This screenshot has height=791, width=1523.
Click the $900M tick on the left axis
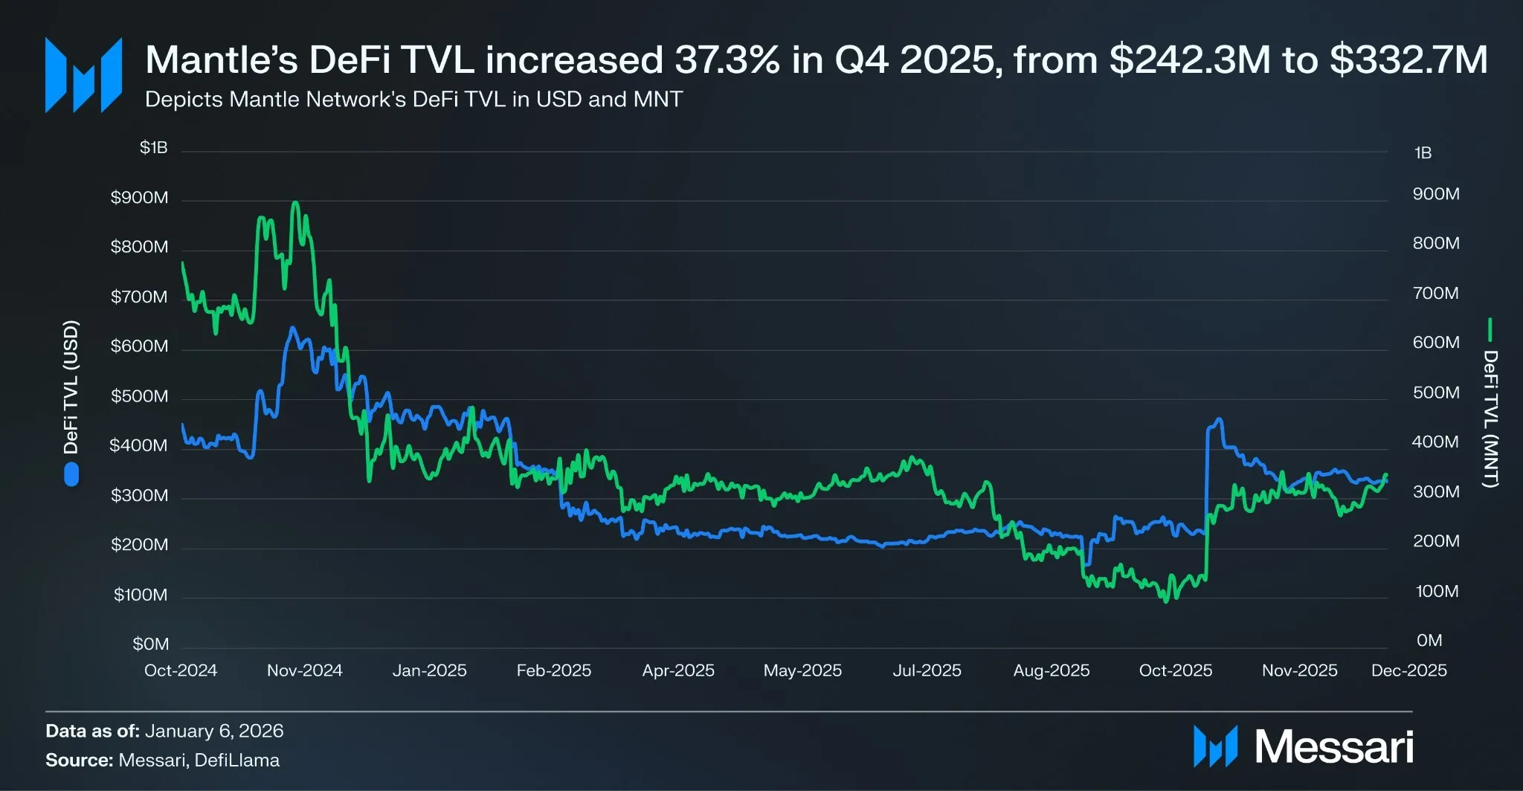[x=139, y=198]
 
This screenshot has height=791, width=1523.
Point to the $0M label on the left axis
[x=150, y=644]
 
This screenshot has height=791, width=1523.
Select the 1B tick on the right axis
[x=1423, y=153]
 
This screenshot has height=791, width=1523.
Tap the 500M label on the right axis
[x=1435, y=393]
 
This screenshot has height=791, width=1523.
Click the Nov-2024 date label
[x=304, y=671]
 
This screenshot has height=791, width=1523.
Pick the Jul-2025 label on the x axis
[x=927, y=671]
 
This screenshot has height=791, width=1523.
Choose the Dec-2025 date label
[x=1408, y=671]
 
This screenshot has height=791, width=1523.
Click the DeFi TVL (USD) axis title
[x=71, y=387]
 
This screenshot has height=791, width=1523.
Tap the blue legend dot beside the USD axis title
[x=71, y=474]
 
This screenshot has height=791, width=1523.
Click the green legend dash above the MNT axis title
[x=1490, y=329]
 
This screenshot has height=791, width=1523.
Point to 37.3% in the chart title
[x=727, y=59]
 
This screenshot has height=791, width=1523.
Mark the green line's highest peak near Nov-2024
[x=296, y=202]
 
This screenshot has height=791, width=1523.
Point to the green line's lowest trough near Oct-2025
[x=1166, y=601]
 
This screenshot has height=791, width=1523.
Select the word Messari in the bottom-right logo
[x=1333, y=746]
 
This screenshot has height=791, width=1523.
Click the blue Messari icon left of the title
[x=83, y=75]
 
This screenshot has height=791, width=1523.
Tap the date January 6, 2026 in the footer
[x=214, y=731]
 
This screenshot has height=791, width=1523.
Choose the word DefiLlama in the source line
[x=237, y=761]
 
